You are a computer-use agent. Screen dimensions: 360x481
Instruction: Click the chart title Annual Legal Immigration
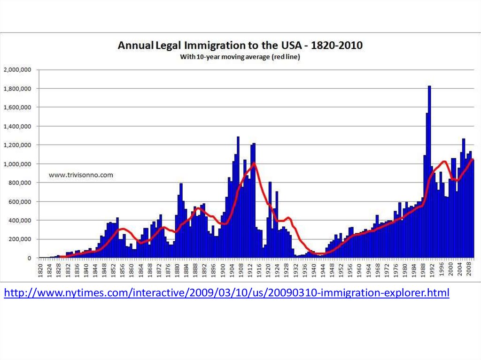(240, 46)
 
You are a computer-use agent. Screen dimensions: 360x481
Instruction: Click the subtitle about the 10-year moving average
(240, 57)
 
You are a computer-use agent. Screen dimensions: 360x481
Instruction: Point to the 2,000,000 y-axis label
(17, 69)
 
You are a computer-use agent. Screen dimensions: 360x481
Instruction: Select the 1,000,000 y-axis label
(17, 164)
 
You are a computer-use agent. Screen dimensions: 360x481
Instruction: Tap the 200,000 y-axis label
(20, 239)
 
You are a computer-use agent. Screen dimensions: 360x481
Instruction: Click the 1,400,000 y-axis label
(17, 126)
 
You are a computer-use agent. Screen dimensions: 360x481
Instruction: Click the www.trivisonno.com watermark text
(81, 175)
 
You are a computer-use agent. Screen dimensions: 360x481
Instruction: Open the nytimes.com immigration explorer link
(226, 293)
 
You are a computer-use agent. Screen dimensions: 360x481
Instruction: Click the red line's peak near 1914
(254, 163)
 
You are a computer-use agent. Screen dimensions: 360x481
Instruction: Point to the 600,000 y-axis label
(20, 201)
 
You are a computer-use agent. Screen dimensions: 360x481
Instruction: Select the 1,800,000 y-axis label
(17, 88)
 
